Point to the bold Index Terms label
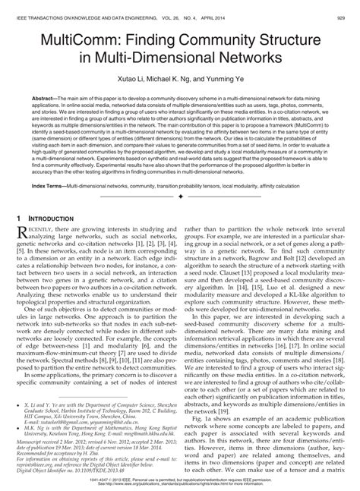[x=48, y=184]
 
